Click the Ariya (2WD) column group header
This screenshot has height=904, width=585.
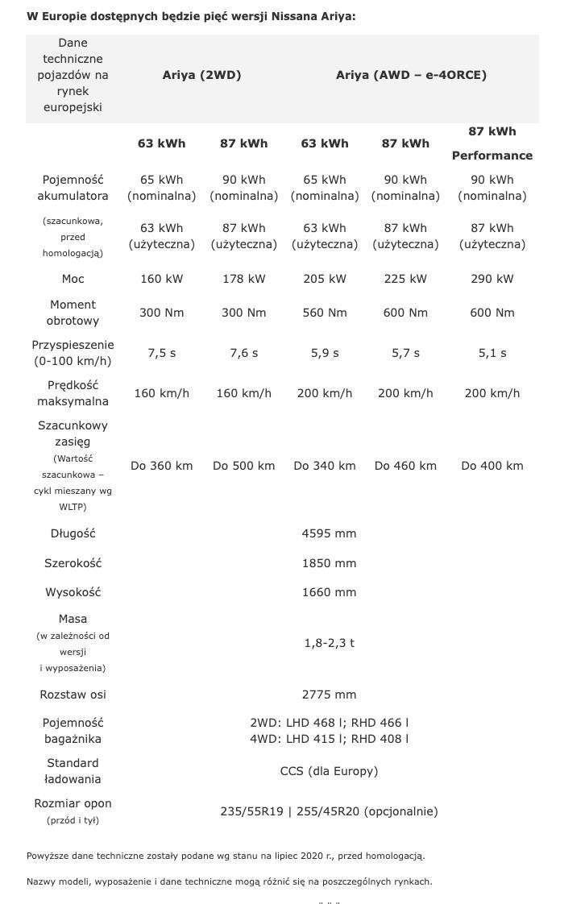201,75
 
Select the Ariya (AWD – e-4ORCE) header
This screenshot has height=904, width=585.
411,75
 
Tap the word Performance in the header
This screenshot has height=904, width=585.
492,156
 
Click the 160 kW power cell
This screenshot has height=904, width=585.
161,279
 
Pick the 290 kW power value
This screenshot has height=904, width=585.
492,279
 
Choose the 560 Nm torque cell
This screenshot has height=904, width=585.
325,313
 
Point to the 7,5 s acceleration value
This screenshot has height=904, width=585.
161,353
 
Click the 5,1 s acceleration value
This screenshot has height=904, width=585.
492,353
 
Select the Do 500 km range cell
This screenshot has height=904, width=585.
243,466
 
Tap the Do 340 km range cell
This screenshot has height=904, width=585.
325,466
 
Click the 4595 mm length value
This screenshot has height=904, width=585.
329,533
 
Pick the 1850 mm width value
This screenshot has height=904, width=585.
329,563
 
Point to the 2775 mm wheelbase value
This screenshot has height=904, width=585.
329,695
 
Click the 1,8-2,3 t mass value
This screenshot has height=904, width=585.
329,643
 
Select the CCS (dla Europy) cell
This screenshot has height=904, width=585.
329,771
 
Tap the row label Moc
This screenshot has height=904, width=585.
73,279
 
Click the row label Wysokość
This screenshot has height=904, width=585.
73,592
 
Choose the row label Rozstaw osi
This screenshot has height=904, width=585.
73,695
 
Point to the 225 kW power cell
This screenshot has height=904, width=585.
405,279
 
